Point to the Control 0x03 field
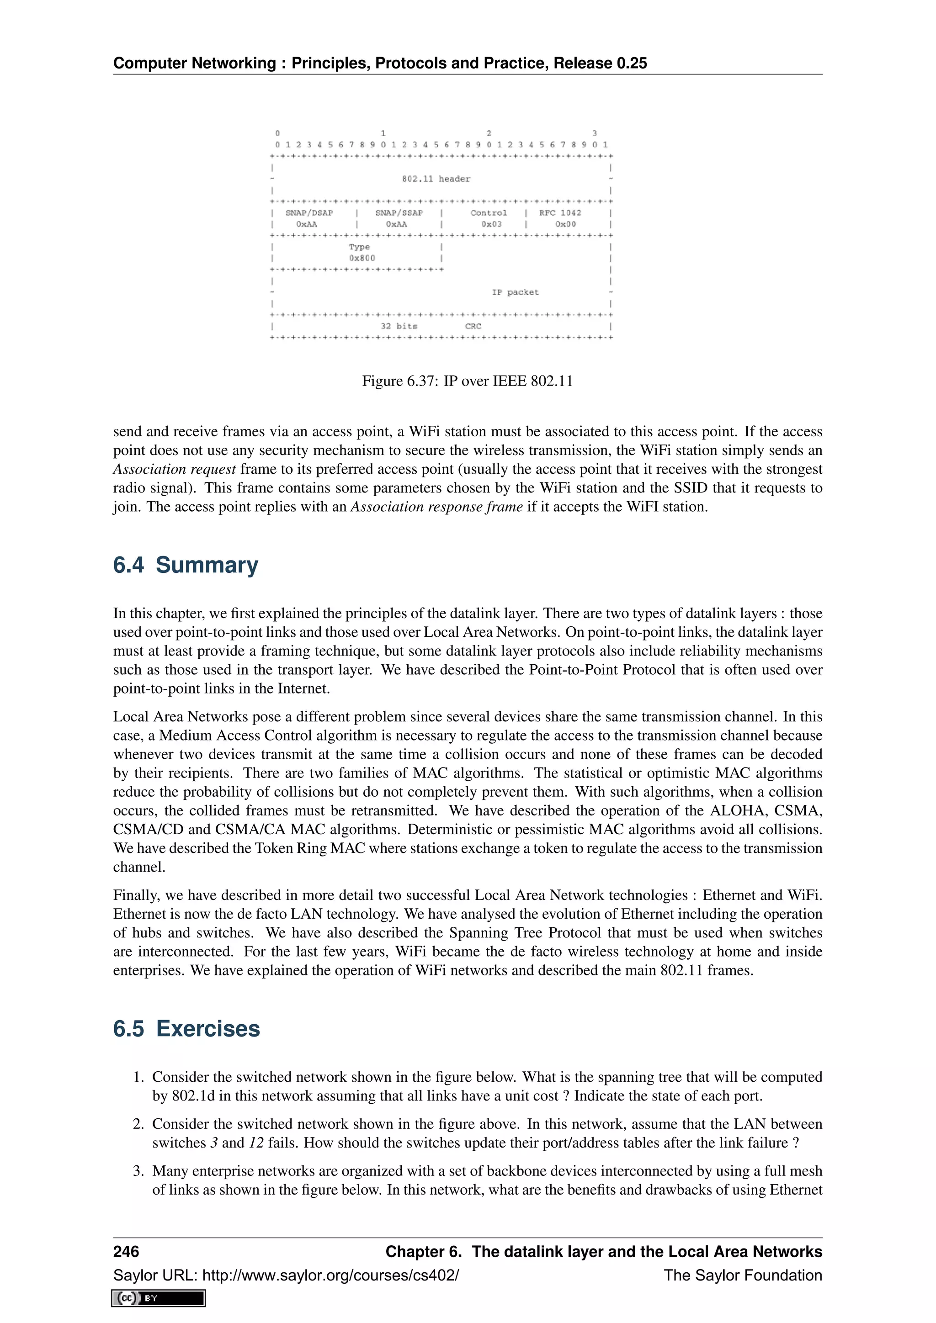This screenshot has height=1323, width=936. (x=488, y=218)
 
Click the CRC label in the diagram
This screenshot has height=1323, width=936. (x=473, y=326)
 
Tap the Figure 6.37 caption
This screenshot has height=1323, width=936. (x=467, y=381)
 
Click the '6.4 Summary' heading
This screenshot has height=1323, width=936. (x=185, y=565)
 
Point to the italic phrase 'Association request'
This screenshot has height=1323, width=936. (x=174, y=469)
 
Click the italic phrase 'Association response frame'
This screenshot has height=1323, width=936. (x=436, y=507)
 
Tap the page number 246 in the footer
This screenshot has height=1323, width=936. (x=126, y=1252)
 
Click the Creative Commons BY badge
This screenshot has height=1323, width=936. (x=159, y=1298)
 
